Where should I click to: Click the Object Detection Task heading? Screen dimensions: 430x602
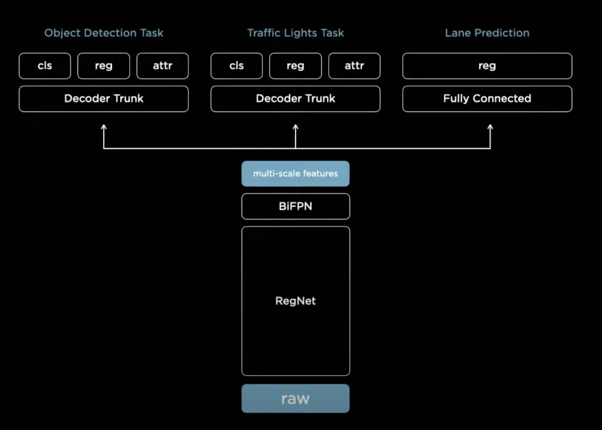pos(104,33)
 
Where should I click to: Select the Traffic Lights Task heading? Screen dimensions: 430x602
pos(295,33)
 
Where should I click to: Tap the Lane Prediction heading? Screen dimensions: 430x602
pos(487,33)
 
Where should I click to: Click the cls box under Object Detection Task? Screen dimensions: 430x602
pos(45,66)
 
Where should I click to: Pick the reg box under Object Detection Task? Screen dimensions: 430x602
pos(104,66)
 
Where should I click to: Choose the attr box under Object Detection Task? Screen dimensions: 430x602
pos(163,66)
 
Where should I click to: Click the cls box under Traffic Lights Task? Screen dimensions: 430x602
pos(236,66)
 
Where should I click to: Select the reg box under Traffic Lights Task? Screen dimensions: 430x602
pos(295,66)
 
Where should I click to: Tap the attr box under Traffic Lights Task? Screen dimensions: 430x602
pos(354,66)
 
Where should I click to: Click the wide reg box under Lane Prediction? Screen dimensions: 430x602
pos(487,66)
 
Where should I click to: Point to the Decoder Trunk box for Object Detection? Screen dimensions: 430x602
pos(104,99)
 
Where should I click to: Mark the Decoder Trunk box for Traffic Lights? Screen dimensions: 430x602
pos(295,99)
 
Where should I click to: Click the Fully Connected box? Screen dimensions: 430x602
pos(487,99)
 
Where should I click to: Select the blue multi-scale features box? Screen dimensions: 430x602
pos(295,173)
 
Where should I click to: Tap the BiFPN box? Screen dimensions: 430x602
pos(295,206)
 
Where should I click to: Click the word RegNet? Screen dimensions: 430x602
pos(295,301)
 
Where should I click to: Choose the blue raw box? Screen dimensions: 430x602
pos(295,399)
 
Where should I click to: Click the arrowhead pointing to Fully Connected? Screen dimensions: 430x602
pos(490,127)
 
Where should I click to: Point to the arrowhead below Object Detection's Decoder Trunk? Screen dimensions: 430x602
pos(104,127)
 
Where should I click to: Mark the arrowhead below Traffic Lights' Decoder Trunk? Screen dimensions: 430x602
pos(295,127)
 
